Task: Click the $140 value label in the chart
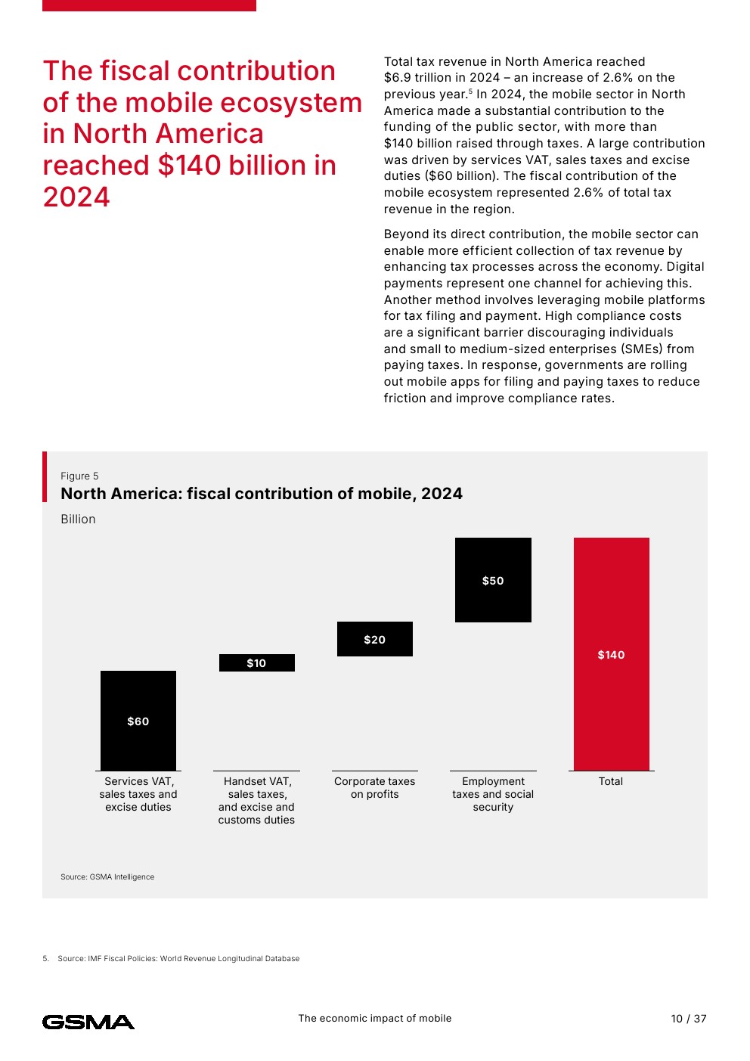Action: pyautogui.click(x=611, y=655)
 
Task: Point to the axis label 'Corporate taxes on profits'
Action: pyautogui.click(x=375, y=788)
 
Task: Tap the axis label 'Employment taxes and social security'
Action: pyautogui.click(x=493, y=794)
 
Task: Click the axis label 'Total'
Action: pyautogui.click(x=611, y=781)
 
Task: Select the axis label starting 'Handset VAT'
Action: pyautogui.click(x=256, y=800)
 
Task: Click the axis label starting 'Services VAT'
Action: pyautogui.click(x=138, y=794)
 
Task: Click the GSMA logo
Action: pyautogui.click(x=88, y=1022)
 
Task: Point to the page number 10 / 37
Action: pyautogui.click(x=688, y=1019)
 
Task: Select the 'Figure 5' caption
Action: pyautogui.click(x=79, y=476)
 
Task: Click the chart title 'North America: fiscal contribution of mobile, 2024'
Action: pyautogui.click(x=262, y=494)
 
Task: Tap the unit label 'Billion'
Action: pyautogui.click(x=78, y=519)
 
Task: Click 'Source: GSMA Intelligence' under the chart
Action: pyautogui.click(x=107, y=876)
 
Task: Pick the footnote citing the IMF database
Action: pyautogui.click(x=178, y=958)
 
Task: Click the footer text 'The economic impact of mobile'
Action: pyautogui.click(x=375, y=1018)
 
